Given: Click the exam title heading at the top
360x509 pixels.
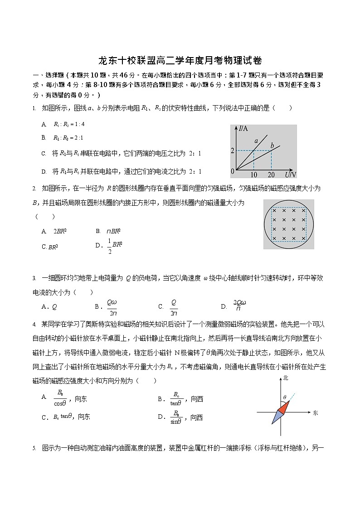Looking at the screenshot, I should [x=180, y=61].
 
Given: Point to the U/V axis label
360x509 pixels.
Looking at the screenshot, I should [x=291, y=175].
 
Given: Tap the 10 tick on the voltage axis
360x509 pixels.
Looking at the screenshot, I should [x=253, y=175].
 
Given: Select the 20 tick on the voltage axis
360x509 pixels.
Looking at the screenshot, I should [x=271, y=175].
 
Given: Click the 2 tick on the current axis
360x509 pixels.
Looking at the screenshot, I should [x=233, y=150].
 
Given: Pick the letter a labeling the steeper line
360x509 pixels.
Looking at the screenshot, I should [x=256, y=141].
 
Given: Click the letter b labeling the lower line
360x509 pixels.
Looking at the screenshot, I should [x=272, y=145].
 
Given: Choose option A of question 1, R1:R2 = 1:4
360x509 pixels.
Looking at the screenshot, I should [x=68, y=124].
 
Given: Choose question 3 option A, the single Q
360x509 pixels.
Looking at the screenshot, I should [x=54, y=306].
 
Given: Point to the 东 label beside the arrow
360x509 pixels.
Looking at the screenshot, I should [x=316, y=412].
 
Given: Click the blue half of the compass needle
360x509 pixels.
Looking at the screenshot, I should [x=276, y=418].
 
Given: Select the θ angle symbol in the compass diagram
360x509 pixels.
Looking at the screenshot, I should [x=284, y=397].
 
